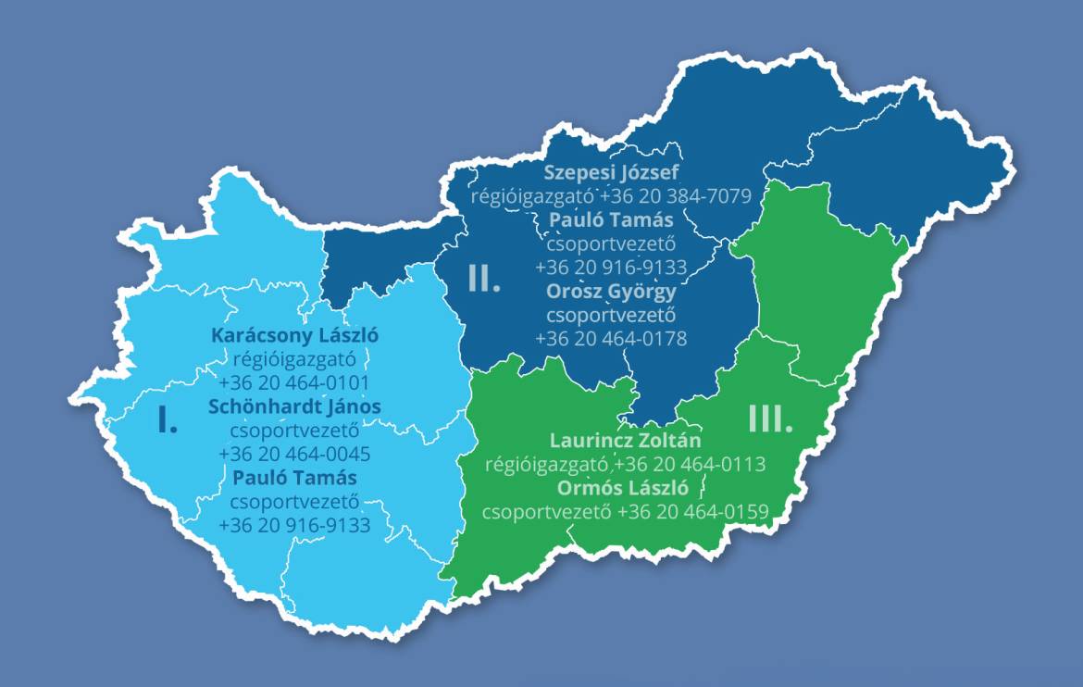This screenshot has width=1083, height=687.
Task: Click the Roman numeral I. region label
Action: (168, 420)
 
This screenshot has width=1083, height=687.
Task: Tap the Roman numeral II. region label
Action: (484, 278)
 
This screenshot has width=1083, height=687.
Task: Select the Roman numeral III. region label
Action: (770, 419)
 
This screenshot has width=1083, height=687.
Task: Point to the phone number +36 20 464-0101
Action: (294, 382)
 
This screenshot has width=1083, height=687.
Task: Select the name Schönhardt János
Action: (294, 406)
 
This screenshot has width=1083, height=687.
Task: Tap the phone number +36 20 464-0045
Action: (294, 455)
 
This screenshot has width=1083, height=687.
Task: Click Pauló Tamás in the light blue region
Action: (294, 478)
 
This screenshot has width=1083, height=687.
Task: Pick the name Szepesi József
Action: (611, 172)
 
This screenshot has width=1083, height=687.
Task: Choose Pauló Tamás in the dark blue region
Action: (611, 220)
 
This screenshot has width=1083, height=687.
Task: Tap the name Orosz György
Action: (611, 292)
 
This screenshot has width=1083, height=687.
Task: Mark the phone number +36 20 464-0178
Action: (611, 339)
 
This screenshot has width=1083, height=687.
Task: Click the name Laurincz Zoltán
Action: (625, 441)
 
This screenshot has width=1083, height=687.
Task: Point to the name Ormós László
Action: (625, 487)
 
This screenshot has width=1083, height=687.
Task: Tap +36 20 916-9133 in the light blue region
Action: (294, 526)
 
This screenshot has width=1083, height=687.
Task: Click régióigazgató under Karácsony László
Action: (294, 358)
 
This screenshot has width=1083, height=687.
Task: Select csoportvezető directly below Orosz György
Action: (611, 316)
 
